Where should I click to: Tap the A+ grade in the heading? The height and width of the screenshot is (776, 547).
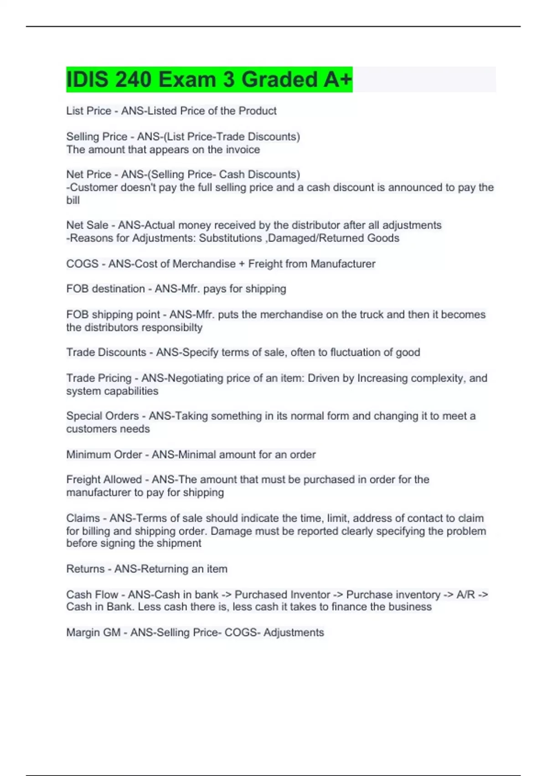point(338,79)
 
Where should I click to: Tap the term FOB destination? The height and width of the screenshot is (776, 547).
point(105,289)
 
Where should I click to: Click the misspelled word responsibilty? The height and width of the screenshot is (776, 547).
point(172,327)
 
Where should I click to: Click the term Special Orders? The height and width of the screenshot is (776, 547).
point(103,416)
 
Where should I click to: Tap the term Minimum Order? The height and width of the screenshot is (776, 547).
point(104,455)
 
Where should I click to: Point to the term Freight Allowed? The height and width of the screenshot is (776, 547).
point(104,480)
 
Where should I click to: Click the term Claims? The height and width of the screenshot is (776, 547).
point(83,518)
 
